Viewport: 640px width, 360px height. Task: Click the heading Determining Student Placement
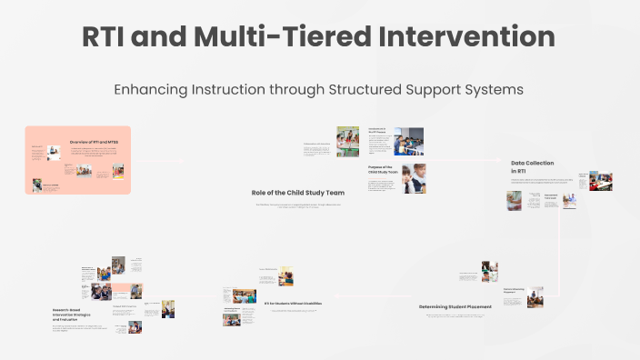[455, 307]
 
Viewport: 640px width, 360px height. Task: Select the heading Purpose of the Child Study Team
[380, 171]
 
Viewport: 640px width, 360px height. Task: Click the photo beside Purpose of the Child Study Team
[414, 178]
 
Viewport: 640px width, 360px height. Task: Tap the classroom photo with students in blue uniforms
[408, 141]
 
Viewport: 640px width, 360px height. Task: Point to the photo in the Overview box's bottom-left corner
[37, 185]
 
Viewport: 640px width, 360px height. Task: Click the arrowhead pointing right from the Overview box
[181, 162]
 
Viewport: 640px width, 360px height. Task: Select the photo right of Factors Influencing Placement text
[535, 296]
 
